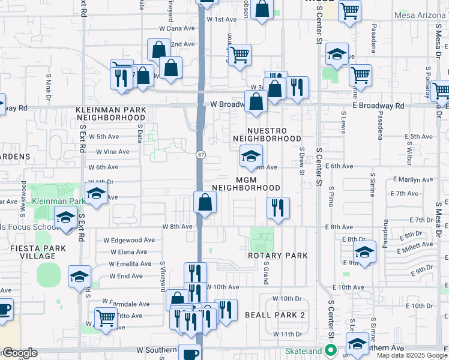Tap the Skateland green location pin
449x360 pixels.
(x=330, y=351)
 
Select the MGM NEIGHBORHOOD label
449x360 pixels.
(x=246, y=183)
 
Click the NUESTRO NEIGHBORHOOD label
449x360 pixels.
(x=267, y=134)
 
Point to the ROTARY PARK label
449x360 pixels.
(x=278, y=255)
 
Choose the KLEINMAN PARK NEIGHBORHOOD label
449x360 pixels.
(x=110, y=114)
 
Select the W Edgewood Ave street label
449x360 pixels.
(x=133, y=240)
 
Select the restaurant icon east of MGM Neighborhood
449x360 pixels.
(x=278, y=208)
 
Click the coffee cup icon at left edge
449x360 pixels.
(x=4, y=310)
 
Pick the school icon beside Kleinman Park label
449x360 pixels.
(x=95, y=194)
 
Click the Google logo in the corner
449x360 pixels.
(x=19, y=353)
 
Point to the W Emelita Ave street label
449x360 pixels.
(x=130, y=264)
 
